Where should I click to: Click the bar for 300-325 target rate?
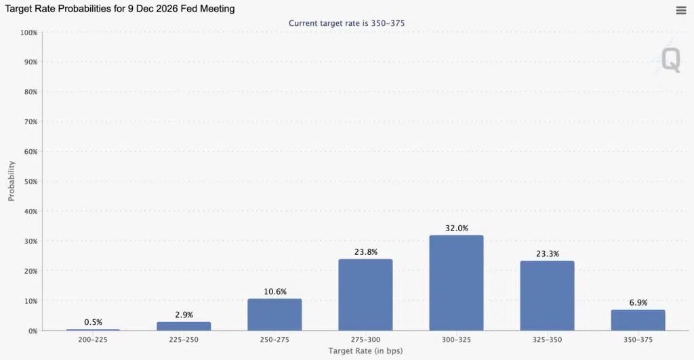click(456, 283)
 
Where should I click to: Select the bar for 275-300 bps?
click(365, 295)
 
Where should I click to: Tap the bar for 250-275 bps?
click(274, 315)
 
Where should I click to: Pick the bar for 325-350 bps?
click(547, 296)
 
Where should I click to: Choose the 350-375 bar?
click(638, 320)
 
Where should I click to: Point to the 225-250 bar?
click(184, 326)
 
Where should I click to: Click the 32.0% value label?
click(457, 228)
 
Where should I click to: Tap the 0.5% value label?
click(94, 322)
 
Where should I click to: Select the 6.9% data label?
click(638, 303)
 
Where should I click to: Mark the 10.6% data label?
click(275, 292)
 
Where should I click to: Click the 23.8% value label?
click(366, 252)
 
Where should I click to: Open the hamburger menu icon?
click(681, 10)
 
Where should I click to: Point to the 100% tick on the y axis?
click(28, 33)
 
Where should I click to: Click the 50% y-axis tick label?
click(30, 182)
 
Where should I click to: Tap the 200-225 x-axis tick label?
click(93, 340)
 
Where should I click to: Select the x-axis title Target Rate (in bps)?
click(365, 351)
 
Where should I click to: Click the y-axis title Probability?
click(12, 181)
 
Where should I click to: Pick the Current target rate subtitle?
click(346, 23)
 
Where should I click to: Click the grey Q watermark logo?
click(670, 60)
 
